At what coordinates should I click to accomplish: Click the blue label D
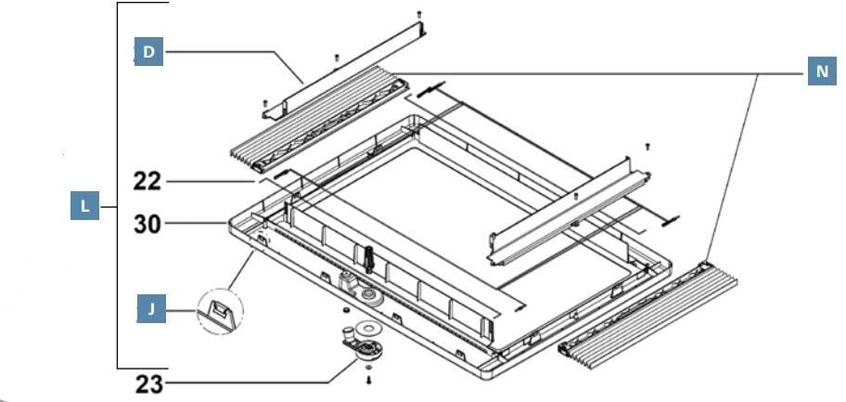[148, 52]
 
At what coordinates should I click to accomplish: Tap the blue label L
[85, 205]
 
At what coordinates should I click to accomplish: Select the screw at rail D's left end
[265, 102]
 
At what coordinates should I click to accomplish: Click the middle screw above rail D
[336, 58]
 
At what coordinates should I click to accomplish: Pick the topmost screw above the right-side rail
[647, 146]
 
